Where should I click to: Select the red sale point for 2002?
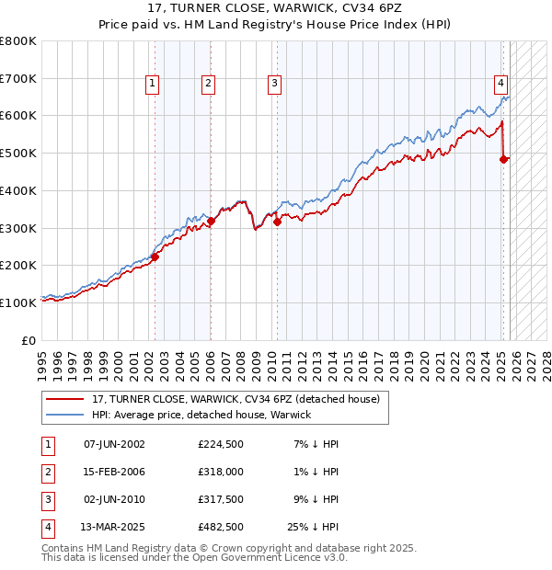click(155, 256)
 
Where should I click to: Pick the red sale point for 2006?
click(211, 221)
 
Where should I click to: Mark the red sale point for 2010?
click(277, 221)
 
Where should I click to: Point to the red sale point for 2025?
click(503, 159)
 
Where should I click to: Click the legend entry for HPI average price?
click(201, 415)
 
